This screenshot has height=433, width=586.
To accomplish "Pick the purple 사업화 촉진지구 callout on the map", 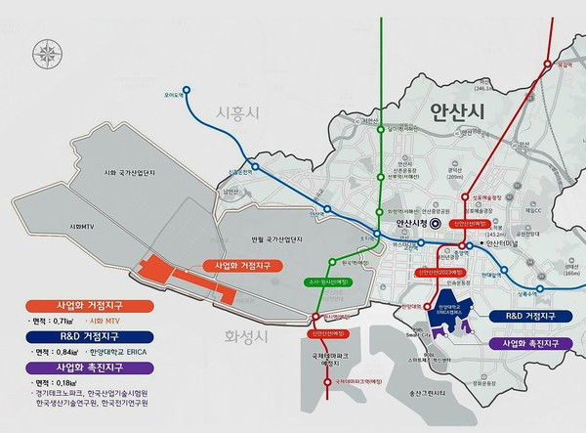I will pos(532,344).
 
